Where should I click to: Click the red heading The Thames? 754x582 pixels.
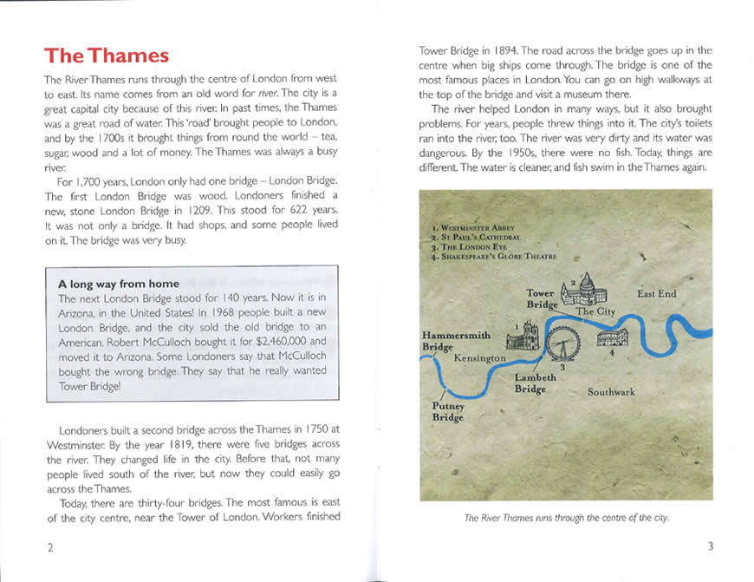107,56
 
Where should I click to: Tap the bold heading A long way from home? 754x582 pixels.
119,284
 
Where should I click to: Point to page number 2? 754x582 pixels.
51,547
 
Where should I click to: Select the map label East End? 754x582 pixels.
656,294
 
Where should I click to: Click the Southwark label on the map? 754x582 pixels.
611,392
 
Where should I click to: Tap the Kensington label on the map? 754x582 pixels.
478,358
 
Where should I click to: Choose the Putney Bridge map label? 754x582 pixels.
448,412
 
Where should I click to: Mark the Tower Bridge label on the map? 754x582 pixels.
541,299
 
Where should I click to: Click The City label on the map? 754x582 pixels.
595,311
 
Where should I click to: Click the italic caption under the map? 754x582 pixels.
566,519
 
